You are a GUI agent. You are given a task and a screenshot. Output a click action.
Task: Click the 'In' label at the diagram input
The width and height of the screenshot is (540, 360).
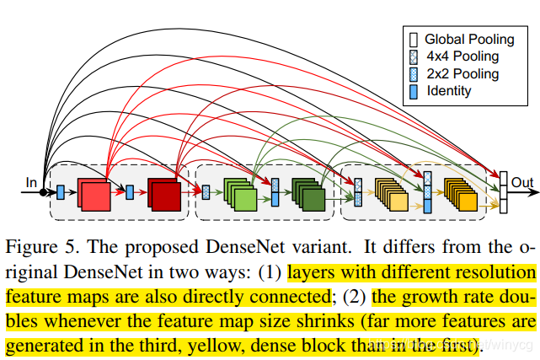31,181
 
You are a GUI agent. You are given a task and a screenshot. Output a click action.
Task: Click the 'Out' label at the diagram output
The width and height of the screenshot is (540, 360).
522,181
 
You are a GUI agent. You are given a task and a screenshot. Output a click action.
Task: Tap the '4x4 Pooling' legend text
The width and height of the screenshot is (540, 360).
462,56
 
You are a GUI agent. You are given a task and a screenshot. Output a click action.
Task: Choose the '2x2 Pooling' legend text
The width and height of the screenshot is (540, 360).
462,73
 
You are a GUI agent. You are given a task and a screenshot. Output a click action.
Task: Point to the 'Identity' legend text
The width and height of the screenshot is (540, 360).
449,90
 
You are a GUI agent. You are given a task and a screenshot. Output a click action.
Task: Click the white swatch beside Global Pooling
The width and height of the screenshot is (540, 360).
413,39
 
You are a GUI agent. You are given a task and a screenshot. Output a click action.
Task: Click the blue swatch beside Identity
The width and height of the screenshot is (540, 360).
413,90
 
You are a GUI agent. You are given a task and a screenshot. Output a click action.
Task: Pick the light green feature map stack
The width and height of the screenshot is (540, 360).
240,195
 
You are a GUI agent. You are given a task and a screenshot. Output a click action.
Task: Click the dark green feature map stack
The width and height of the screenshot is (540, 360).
308,195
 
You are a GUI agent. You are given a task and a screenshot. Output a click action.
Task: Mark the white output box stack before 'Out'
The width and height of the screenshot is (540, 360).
502,192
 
